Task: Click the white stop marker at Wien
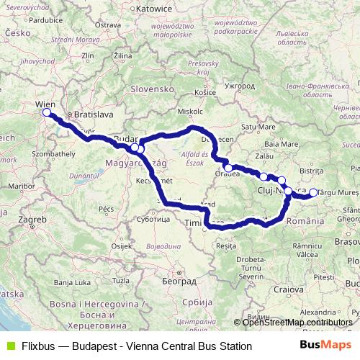[x=46, y=113]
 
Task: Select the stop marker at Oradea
[x=228, y=168]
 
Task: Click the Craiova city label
[x=288, y=289]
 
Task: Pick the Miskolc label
[x=191, y=112]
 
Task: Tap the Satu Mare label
[x=258, y=126]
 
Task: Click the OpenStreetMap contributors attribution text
[x=297, y=322]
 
